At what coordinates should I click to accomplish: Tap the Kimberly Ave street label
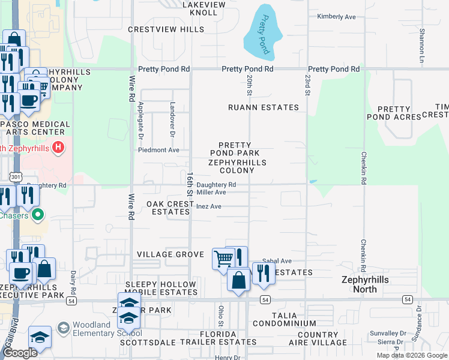click(337, 16)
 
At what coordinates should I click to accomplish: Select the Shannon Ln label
click(422, 38)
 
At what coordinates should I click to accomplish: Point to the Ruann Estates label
click(263, 107)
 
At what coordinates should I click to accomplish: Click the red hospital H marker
click(58, 147)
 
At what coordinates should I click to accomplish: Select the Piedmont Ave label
click(159, 150)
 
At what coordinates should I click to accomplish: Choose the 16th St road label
click(190, 183)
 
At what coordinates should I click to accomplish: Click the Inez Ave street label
click(209, 206)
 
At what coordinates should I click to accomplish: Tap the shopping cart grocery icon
click(223, 259)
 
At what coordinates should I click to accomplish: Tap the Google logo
click(19, 353)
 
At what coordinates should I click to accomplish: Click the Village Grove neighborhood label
click(171, 254)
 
